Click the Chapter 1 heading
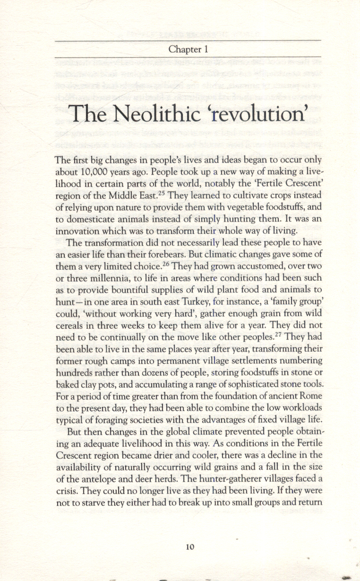tap(189, 50)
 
